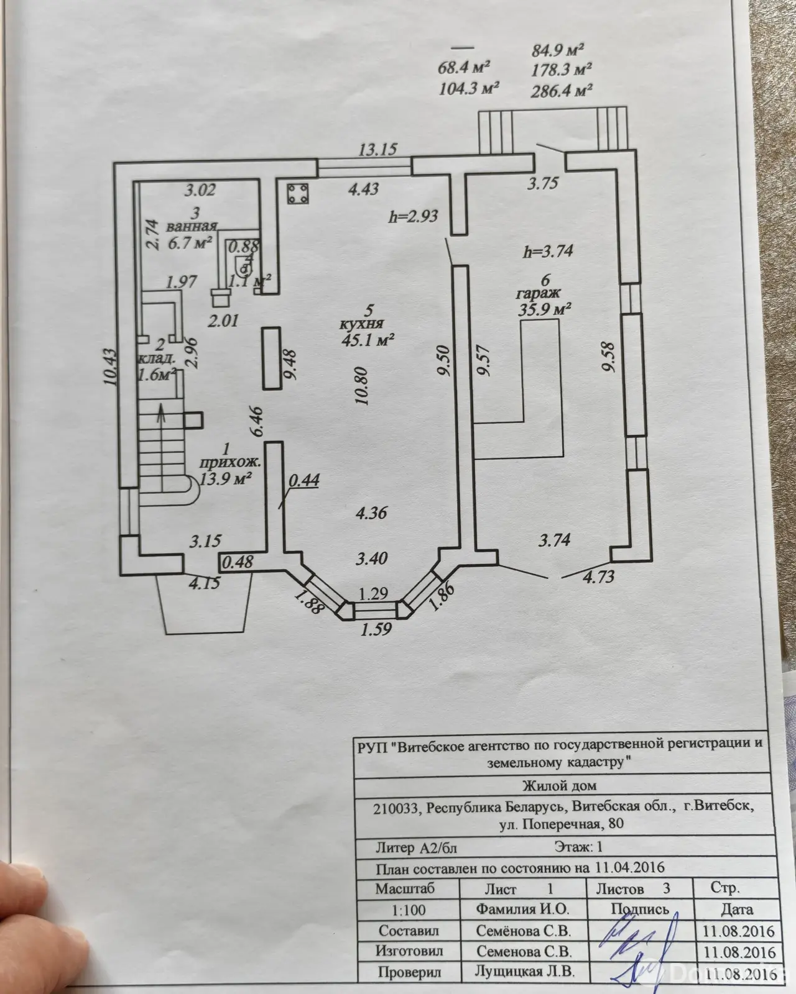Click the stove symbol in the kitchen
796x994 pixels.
(x=298, y=194)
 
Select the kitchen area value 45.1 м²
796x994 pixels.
(x=368, y=340)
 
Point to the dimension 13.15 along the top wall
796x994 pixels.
(x=378, y=150)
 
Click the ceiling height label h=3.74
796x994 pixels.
(x=548, y=251)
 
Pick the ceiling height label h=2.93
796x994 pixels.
(x=413, y=216)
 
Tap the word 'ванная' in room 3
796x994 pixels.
(x=192, y=226)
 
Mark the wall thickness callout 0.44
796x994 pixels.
(x=304, y=480)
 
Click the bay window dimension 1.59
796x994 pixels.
(x=376, y=629)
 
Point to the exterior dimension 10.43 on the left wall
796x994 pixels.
(x=111, y=367)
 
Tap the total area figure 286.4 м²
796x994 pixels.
(x=562, y=91)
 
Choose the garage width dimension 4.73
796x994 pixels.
(x=598, y=577)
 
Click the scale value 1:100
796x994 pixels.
(x=409, y=910)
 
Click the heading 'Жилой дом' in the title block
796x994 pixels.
(x=559, y=785)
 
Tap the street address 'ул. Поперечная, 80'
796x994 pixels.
(x=562, y=824)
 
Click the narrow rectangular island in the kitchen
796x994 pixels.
(x=272, y=358)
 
